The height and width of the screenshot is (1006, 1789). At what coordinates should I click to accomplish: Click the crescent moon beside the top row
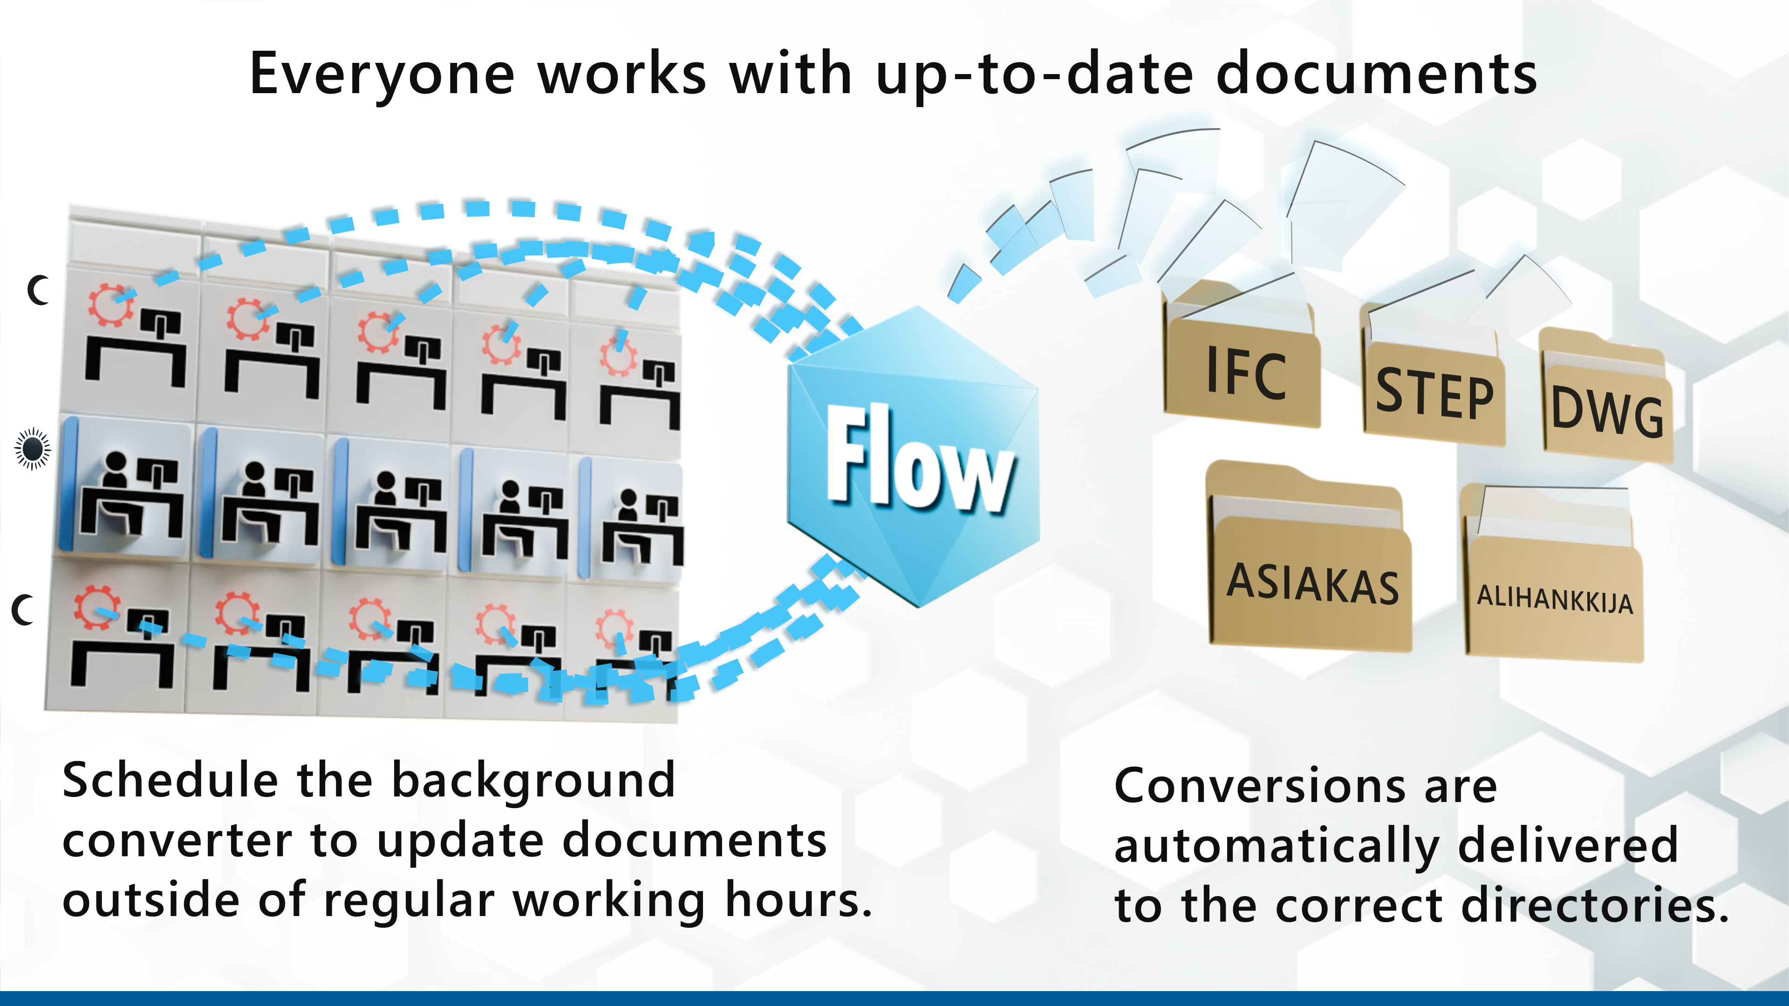pyautogui.click(x=39, y=290)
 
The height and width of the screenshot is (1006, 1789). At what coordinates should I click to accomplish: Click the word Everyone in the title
pyautogui.click(x=382, y=75)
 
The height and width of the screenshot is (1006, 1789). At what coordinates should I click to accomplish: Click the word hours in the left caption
pyautogui.click(x=797, y=900)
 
